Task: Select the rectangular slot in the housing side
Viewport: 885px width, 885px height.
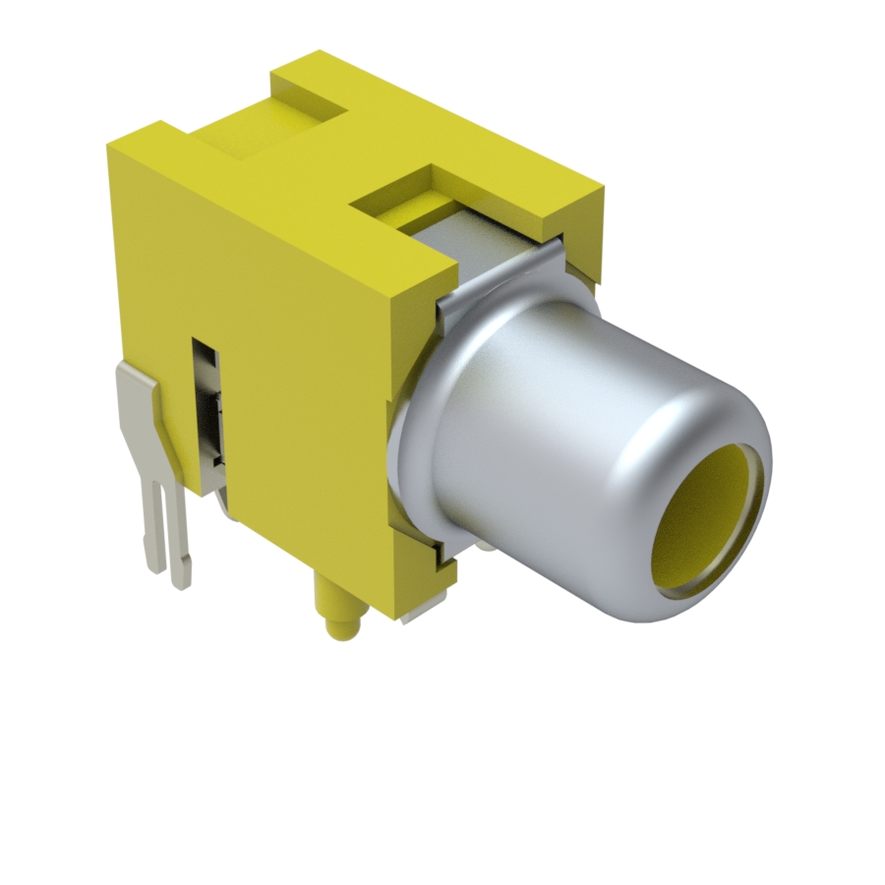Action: (x=207, y=413)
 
